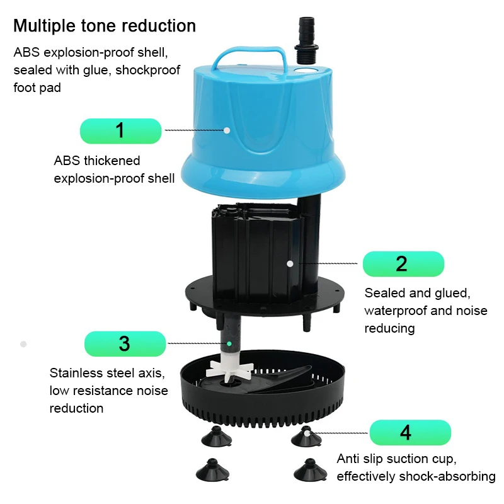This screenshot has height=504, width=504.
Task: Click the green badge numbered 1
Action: tap(120, 130)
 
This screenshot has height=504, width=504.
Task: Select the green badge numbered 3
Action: tap(125, 343)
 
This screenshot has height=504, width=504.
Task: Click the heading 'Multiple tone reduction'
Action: tap(105, 26)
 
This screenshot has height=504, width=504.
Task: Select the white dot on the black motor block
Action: tap(290, 263)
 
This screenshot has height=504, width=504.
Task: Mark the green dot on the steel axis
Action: tap(230, 343)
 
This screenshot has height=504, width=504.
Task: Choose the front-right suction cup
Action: tap(308, 469)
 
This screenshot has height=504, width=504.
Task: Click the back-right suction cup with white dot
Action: tap(307, 435)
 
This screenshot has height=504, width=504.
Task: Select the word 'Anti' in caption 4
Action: tap(348, 458)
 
